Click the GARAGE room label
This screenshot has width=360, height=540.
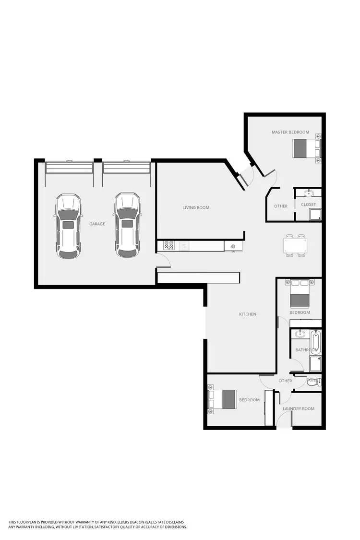[97, 224]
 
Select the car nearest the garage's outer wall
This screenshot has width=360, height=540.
[68, 226]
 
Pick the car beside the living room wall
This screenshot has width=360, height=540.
[127, 225]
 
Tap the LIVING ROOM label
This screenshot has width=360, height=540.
[196, 208]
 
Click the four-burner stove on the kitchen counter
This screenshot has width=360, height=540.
[169, 245]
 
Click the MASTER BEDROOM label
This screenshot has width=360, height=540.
[290, 132]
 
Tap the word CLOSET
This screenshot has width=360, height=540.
[308, 205]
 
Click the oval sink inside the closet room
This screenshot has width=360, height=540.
[309, 193]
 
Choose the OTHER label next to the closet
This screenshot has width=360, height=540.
[281, 206]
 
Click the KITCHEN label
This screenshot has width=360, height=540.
[248, 314]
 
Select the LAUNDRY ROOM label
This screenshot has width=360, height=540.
[299, 409]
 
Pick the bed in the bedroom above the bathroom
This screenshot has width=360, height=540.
[300, 295]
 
